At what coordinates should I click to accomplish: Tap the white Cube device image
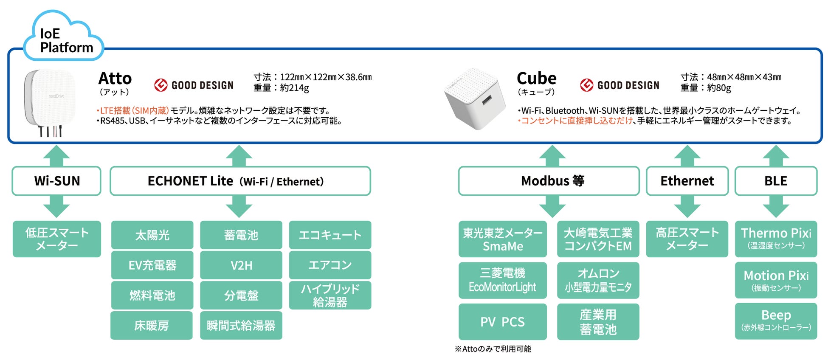point(475,99)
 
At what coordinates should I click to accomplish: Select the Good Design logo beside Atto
point(194,85)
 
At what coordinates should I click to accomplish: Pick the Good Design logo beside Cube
point(620,85)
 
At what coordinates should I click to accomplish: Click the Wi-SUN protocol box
point(56,181)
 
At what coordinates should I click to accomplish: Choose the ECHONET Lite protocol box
point(240,181)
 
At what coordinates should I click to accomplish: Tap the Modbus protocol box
point(549,181)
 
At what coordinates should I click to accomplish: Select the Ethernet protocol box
point(687,181)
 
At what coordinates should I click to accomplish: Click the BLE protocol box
point(776,181)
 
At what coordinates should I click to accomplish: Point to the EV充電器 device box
point(152,265)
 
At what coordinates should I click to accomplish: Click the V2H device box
point(241,265)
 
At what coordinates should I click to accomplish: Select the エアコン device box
point(330,265)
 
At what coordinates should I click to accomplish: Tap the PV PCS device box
point(502,322)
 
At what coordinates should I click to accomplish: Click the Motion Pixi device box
point(776,280)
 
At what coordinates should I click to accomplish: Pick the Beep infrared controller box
point(776,321)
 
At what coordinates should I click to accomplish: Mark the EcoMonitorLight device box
point(502,280)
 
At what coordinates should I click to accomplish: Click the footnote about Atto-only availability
point(493,349)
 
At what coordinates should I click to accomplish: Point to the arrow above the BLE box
point(776,155)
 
